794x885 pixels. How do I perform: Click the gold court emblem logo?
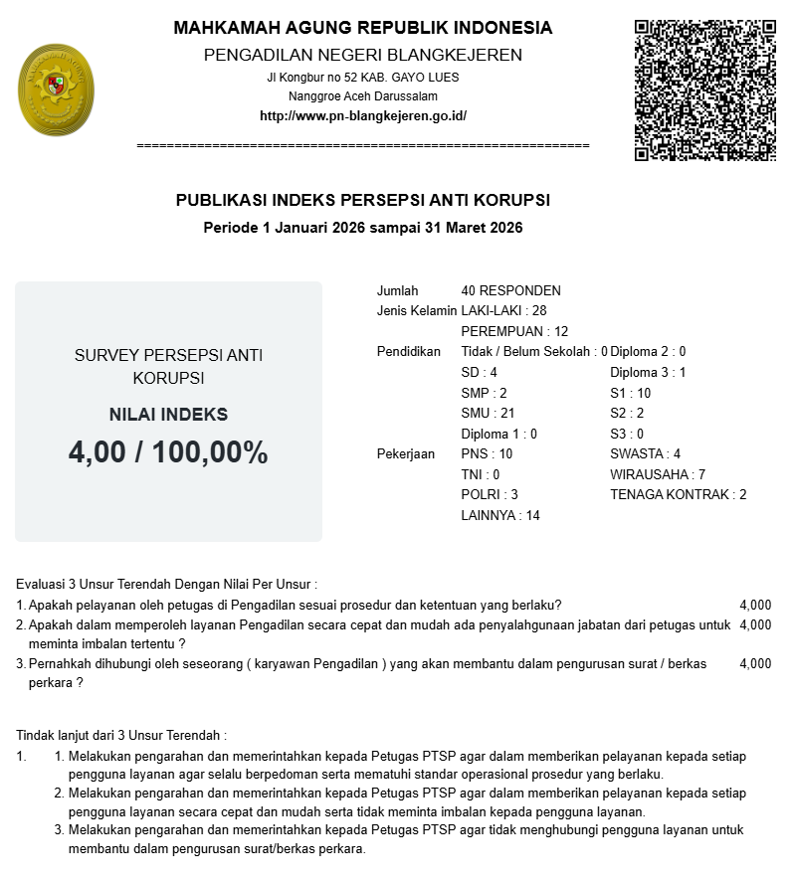point(56,90)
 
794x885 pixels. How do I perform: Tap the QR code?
point(704,90)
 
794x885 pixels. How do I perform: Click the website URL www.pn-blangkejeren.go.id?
point(362,115)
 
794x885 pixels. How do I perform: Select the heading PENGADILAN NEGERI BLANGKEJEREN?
point(362,55)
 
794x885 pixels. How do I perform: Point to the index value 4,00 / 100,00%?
point(168,452)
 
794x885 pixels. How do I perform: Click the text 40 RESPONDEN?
point(510,290)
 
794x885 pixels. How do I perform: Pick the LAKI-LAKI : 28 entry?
point(503,310)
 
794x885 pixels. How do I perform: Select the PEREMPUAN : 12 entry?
point(514,331)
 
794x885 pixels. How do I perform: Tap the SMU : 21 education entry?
point(488,413)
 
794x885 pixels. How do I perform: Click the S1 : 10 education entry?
point(630,393)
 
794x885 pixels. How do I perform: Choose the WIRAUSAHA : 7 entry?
point(657,474)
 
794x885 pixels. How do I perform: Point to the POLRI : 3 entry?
point(490,494)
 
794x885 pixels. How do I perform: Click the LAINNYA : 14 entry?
point(500,515)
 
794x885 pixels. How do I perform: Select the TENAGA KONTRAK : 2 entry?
point(678,494)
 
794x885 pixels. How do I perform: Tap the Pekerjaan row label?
point(406,453)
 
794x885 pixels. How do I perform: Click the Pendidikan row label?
point(408,351)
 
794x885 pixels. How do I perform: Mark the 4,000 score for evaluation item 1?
point(755,605)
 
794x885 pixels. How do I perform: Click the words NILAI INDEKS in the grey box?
point(168,415)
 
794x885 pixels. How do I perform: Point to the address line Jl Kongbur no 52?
point(362,77)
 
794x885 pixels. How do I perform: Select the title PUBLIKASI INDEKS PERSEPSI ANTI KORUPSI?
point(362,200)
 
